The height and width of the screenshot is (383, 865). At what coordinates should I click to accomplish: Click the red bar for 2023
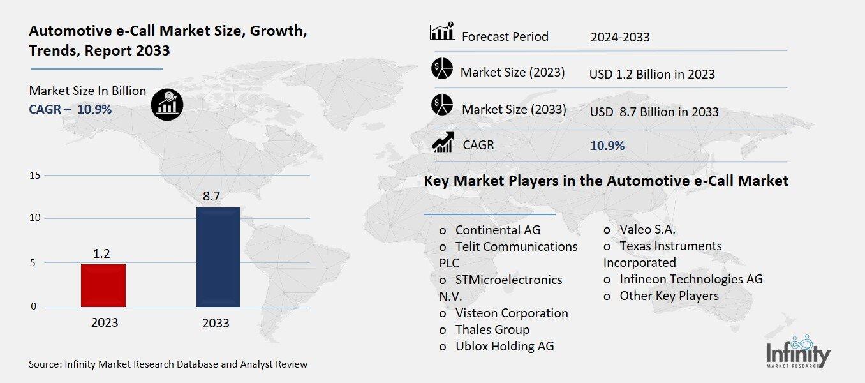103,285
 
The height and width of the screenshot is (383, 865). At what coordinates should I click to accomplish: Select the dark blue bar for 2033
218,257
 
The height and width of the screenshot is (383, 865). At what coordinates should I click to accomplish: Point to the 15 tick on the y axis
35,176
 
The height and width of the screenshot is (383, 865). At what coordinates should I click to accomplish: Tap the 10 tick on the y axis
35,218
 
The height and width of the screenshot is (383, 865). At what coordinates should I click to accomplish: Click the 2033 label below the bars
216,323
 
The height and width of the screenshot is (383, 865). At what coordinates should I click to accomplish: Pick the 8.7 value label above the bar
212,197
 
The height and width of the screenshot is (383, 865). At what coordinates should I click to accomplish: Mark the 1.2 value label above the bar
102,253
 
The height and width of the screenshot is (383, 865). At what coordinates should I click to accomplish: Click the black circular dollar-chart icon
167,103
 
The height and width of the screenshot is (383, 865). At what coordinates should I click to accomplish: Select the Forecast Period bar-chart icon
441,31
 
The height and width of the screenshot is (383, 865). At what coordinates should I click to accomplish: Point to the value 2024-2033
620,37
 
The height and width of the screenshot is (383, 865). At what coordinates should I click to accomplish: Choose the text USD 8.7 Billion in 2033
654,112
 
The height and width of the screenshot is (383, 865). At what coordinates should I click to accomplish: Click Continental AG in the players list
498,230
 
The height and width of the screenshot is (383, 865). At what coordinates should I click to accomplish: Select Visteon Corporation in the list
511,313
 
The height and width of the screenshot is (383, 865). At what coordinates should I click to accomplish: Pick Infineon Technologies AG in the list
691,279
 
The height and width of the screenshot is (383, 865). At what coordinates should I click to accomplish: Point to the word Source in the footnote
45,364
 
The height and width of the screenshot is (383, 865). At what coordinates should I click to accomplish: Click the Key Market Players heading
606,181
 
